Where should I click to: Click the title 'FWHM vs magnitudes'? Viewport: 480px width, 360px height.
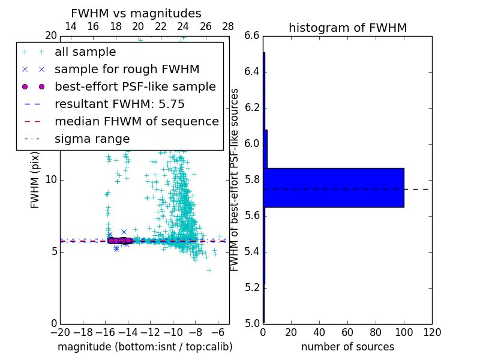click(136, 13)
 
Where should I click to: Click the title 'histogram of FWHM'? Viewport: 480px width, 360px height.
click(347, 28)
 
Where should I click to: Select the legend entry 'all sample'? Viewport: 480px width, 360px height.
click(85, 52)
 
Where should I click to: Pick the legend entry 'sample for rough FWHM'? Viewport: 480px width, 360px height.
click(127, 70)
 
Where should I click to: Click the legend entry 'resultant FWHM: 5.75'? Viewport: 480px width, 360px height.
click(119, 104)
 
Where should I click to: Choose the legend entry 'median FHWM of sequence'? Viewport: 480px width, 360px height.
click(136, 121)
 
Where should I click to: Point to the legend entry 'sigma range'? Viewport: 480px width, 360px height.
click(92, 139)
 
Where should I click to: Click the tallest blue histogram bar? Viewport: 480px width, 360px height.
click(333, 187)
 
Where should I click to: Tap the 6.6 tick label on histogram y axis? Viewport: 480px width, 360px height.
click(252, 36)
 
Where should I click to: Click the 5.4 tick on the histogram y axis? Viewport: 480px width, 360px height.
click(252, 252)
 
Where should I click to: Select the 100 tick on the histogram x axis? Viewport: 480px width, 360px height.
click(404, 332)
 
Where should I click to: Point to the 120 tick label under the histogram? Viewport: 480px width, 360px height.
click(432, 332)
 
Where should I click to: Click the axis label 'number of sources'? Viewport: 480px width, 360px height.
click(347, 347)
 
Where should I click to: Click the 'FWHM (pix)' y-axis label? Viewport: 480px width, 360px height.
click(35, 180)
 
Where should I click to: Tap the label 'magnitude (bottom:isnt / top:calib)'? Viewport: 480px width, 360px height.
click(145, 347)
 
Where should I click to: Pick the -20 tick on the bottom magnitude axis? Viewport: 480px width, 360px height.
click(60, 332)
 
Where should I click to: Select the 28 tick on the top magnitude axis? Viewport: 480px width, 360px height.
click(229, 26)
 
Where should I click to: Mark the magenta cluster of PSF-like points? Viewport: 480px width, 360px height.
click(119, 241)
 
